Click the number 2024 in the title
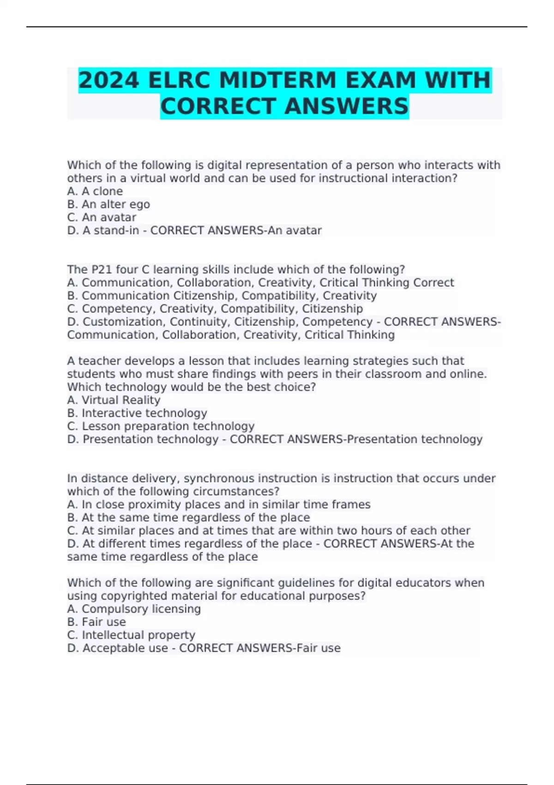[109, 80]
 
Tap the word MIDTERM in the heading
[278, 80]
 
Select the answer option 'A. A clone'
[95, 191]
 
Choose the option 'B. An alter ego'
[108, 204]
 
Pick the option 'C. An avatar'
[102, 217]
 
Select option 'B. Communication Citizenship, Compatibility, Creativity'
[222, 296]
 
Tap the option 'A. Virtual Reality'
[114, 400]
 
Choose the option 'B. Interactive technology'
[137, 413]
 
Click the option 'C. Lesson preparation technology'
[161, 426]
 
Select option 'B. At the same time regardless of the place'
[188, 517]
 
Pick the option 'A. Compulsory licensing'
[134, 609]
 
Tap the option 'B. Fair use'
[96, 622]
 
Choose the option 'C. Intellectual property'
[131, 635]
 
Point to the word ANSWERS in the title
[346, 106]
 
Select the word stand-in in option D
[116, 230]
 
